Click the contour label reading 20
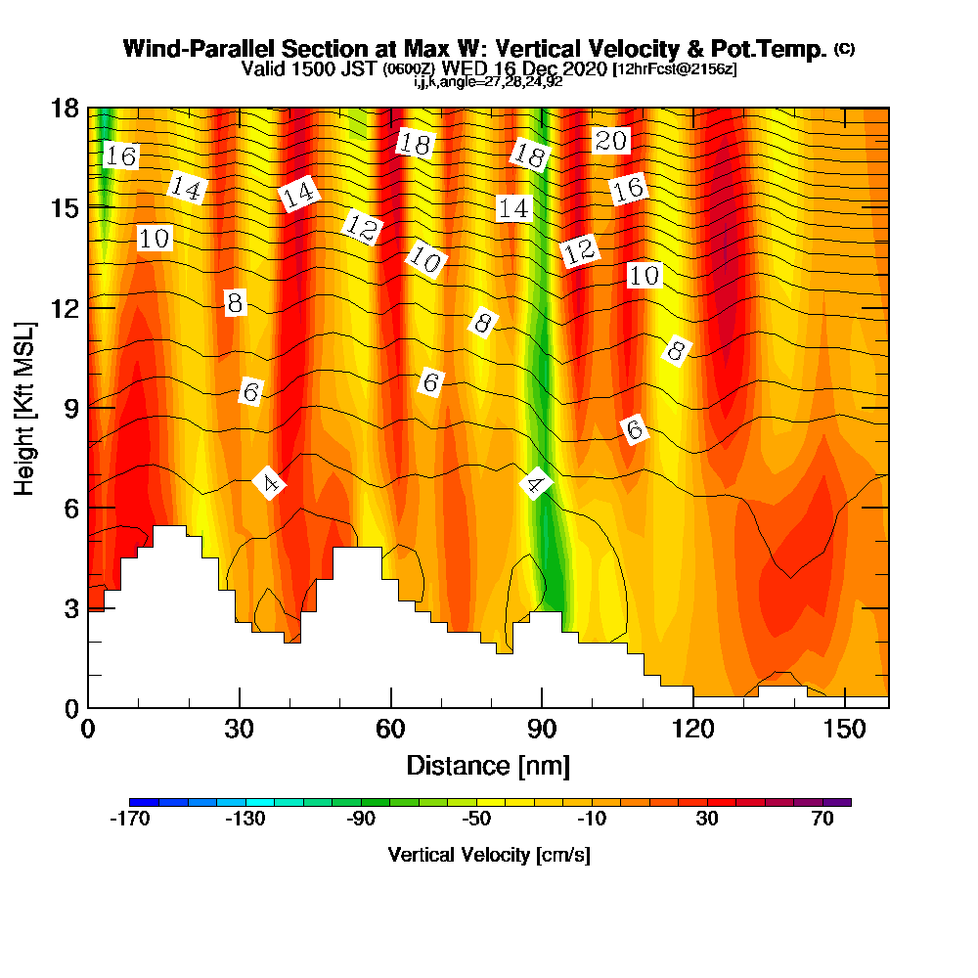pyautogui.click(x=610, y=141)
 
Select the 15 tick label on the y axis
pyautogui.click(x=65, y=207)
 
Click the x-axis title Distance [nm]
pyautogui.click(x=488, y=765)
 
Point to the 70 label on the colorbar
pyautogui.click(x=822, y=820)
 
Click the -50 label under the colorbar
pyautogui.click(x=476, y=820)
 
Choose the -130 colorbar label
pyautogui.click(x=244, y=820)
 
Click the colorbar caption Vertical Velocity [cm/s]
pyautogui.click(x=489, y=855)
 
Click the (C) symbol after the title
pyautogui.click(x=844, y=49)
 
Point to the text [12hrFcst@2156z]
pyautogui.click(x=674, y=69)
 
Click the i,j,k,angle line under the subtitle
pyautogui.click(x=488, y=82)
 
